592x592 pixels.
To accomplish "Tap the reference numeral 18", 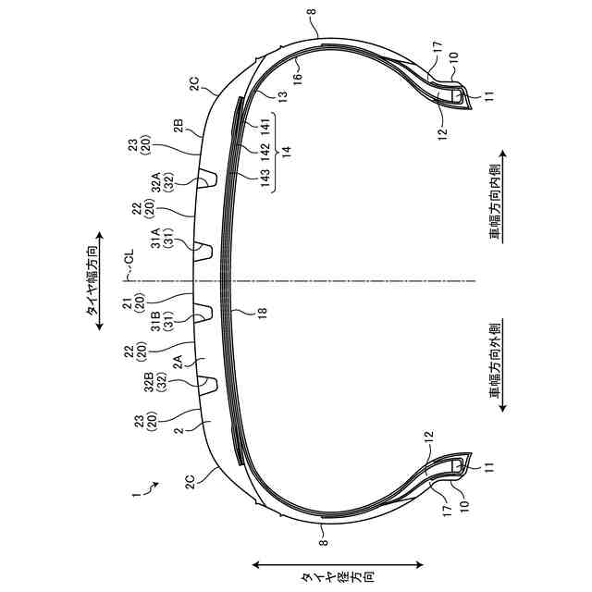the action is [262, 312].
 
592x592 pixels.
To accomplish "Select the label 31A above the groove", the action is [155, 238].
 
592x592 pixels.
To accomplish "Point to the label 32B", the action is [149, 382].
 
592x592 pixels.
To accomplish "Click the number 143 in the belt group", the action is [265, 178].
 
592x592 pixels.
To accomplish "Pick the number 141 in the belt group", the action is [265, 128].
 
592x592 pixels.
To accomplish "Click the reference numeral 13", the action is [282, 94].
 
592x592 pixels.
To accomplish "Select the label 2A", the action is [178, 362].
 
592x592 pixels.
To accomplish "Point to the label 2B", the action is [178, 126].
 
